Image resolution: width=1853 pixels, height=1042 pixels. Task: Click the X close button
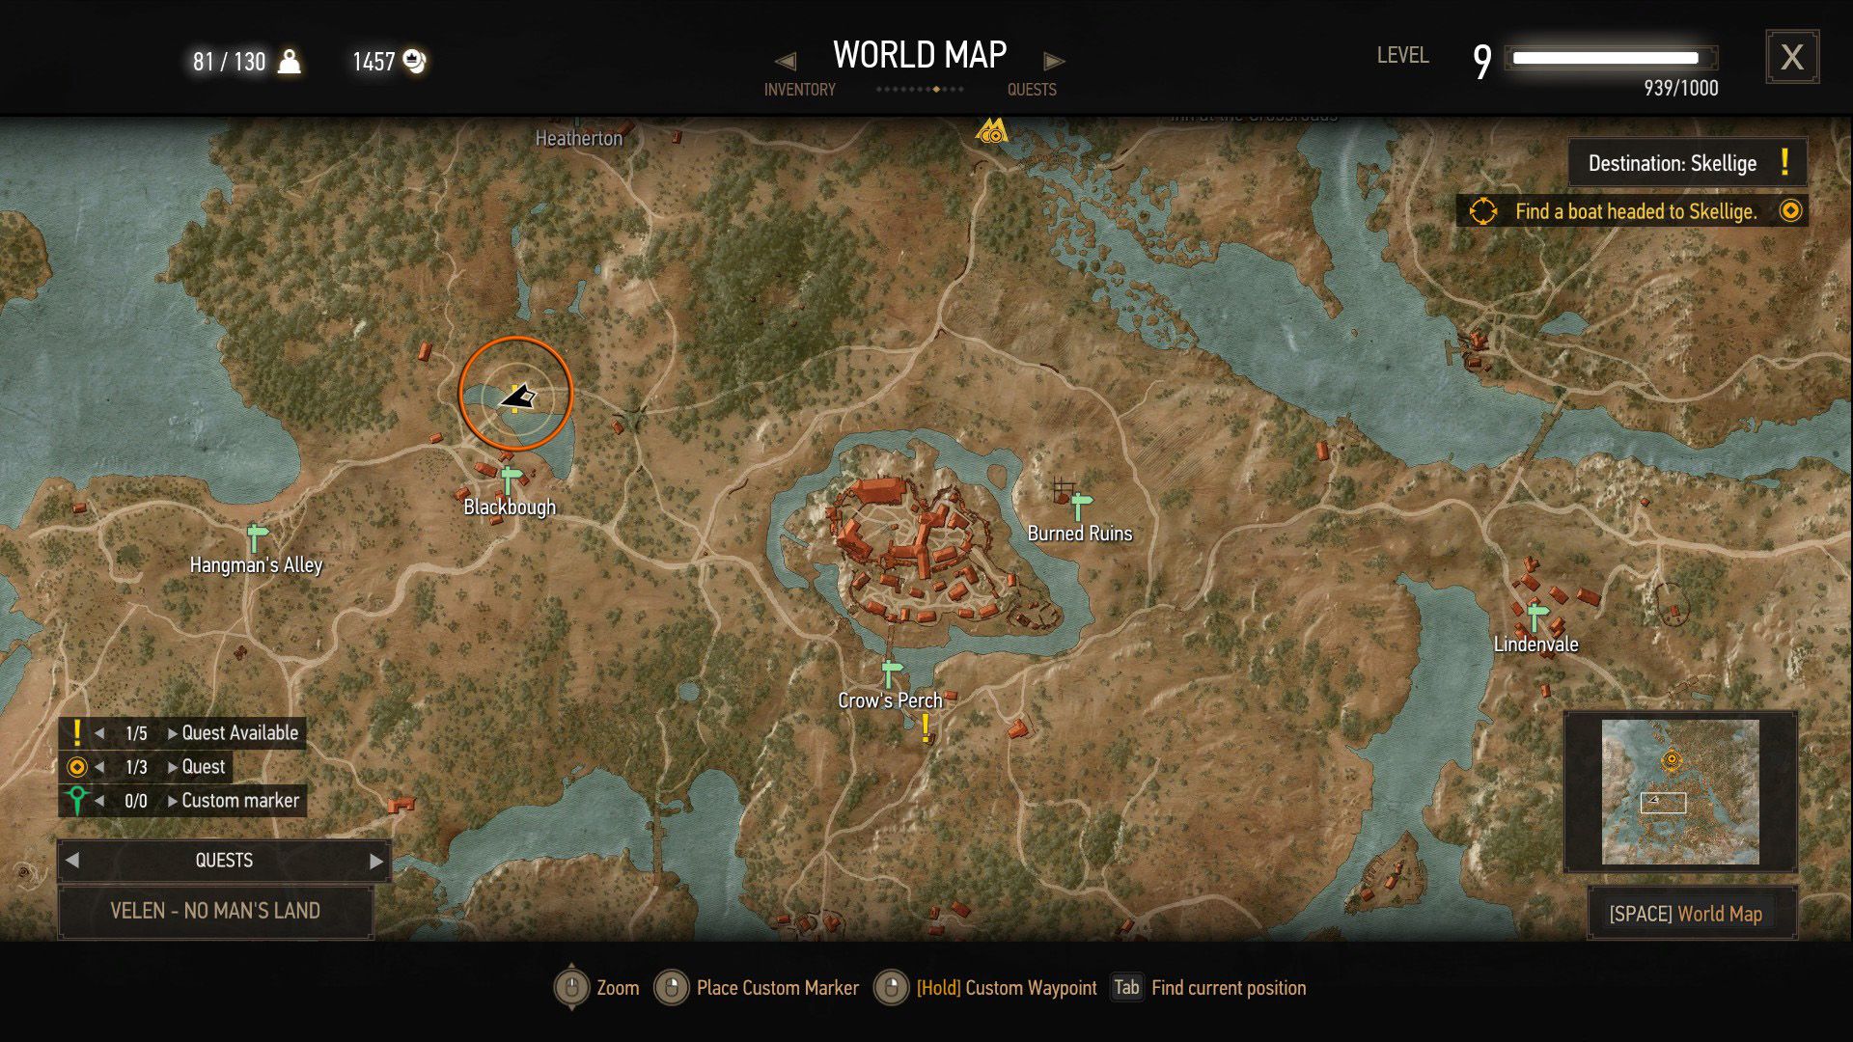tap(1791, 57)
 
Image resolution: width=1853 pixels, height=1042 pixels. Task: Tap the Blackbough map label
tap(510, 507)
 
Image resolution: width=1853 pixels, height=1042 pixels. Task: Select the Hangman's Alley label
tap(256, 565)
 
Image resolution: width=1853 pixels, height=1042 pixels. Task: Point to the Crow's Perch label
tap(890, 701)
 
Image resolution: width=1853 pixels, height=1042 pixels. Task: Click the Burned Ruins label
tap(1079, 534)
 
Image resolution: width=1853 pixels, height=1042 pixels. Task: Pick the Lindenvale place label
tap(1535, 644)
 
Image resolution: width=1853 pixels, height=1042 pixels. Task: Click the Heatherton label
tap(579, 139)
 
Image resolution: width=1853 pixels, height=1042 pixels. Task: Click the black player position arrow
tap(517, 397)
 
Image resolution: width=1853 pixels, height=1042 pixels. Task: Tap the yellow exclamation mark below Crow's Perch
tap(926, 728)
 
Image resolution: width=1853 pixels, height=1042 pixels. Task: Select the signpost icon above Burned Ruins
tap(1081, 504)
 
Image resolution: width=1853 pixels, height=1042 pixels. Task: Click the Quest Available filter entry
tap(239, 733)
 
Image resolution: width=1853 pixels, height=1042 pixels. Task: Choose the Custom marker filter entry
tap(239, 801)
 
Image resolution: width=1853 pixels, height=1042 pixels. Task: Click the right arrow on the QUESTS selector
tap(376, 861)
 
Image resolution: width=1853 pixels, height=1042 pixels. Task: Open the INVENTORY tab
tap(799, 90)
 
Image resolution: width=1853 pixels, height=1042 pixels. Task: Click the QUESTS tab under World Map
tap(1032, 90)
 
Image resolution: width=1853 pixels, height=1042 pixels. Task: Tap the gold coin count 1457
tap(373, 62)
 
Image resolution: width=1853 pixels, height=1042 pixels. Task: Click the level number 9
tap(1481, 62)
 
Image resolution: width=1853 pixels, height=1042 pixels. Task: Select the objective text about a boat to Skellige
tap(1635, 211)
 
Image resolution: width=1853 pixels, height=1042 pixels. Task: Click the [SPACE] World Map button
tap(1685, 914)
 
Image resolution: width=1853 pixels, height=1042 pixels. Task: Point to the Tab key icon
tap(1125, 987)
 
